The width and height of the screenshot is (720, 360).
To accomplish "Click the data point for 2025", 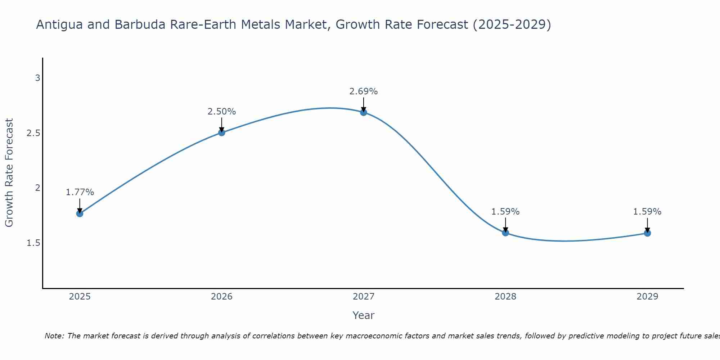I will point(80,213).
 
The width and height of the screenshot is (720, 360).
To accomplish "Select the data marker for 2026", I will point(222,132).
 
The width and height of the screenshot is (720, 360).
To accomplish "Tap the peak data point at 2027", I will point(364,112).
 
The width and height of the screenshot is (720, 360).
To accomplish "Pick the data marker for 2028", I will point(505,233).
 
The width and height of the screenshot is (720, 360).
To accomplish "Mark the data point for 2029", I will point(647,233).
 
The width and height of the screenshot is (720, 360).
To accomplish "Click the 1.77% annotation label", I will point(80,192).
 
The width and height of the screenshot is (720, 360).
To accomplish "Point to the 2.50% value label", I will point(222,112).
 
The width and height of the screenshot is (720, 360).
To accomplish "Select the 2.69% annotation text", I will point(364,91).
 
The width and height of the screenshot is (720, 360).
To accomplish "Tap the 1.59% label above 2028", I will point(505,212).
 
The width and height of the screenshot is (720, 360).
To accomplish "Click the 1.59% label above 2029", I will point(647,212).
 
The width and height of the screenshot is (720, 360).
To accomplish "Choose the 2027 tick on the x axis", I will point(364,297).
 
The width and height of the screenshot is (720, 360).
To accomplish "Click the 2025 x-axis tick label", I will point(80,297).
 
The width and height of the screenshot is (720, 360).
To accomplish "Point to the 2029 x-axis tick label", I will point(647,297).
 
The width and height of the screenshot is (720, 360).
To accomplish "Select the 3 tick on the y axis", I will point(37,78).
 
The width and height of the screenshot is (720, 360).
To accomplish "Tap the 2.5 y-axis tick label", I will point(33,133).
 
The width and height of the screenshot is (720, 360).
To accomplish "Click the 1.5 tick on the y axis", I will point(33,243).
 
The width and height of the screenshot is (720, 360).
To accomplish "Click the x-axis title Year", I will point(364,315).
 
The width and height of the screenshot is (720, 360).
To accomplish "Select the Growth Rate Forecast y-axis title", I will point(9,172).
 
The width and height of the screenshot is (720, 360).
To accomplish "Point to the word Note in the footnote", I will point(54,336).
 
